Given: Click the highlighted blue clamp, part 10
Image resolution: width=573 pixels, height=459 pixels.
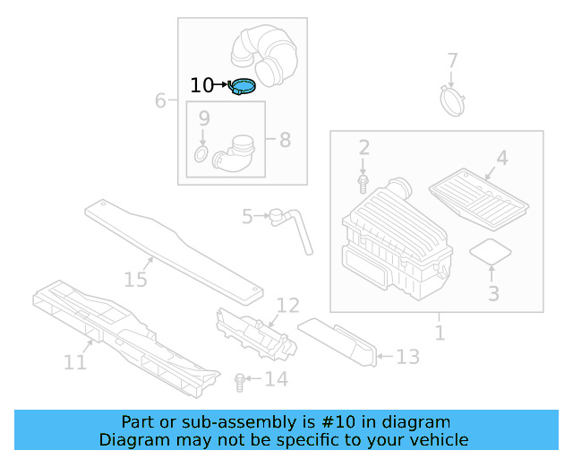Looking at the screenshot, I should tap(243, 86).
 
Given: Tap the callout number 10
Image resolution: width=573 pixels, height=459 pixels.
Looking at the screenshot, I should tap(202, 85).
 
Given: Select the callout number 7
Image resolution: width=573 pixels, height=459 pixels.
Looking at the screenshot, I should tap(452, 61).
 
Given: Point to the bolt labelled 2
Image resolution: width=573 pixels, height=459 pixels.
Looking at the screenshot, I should tap(363, 183).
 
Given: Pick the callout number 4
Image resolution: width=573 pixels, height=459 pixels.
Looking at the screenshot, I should tap(501, 158).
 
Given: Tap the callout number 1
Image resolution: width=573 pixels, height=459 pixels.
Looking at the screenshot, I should tap(439, 333).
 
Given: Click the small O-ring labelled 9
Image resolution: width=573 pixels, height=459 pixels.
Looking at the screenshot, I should tap(201, 158).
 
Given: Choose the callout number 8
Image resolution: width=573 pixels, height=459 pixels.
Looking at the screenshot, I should tap(285, 140).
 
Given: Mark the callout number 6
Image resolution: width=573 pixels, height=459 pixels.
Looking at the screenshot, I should tap(160, 100).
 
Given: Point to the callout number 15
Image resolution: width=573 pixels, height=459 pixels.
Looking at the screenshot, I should tap(135, 280).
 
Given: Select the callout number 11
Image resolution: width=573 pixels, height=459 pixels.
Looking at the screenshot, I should tap(75, 362).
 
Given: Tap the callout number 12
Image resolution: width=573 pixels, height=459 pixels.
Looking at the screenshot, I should tap(287, 306).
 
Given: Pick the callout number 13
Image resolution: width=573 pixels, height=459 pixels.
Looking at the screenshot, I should tap(407, 358).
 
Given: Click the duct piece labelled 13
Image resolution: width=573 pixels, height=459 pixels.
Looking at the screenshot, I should tap(339, 340).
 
